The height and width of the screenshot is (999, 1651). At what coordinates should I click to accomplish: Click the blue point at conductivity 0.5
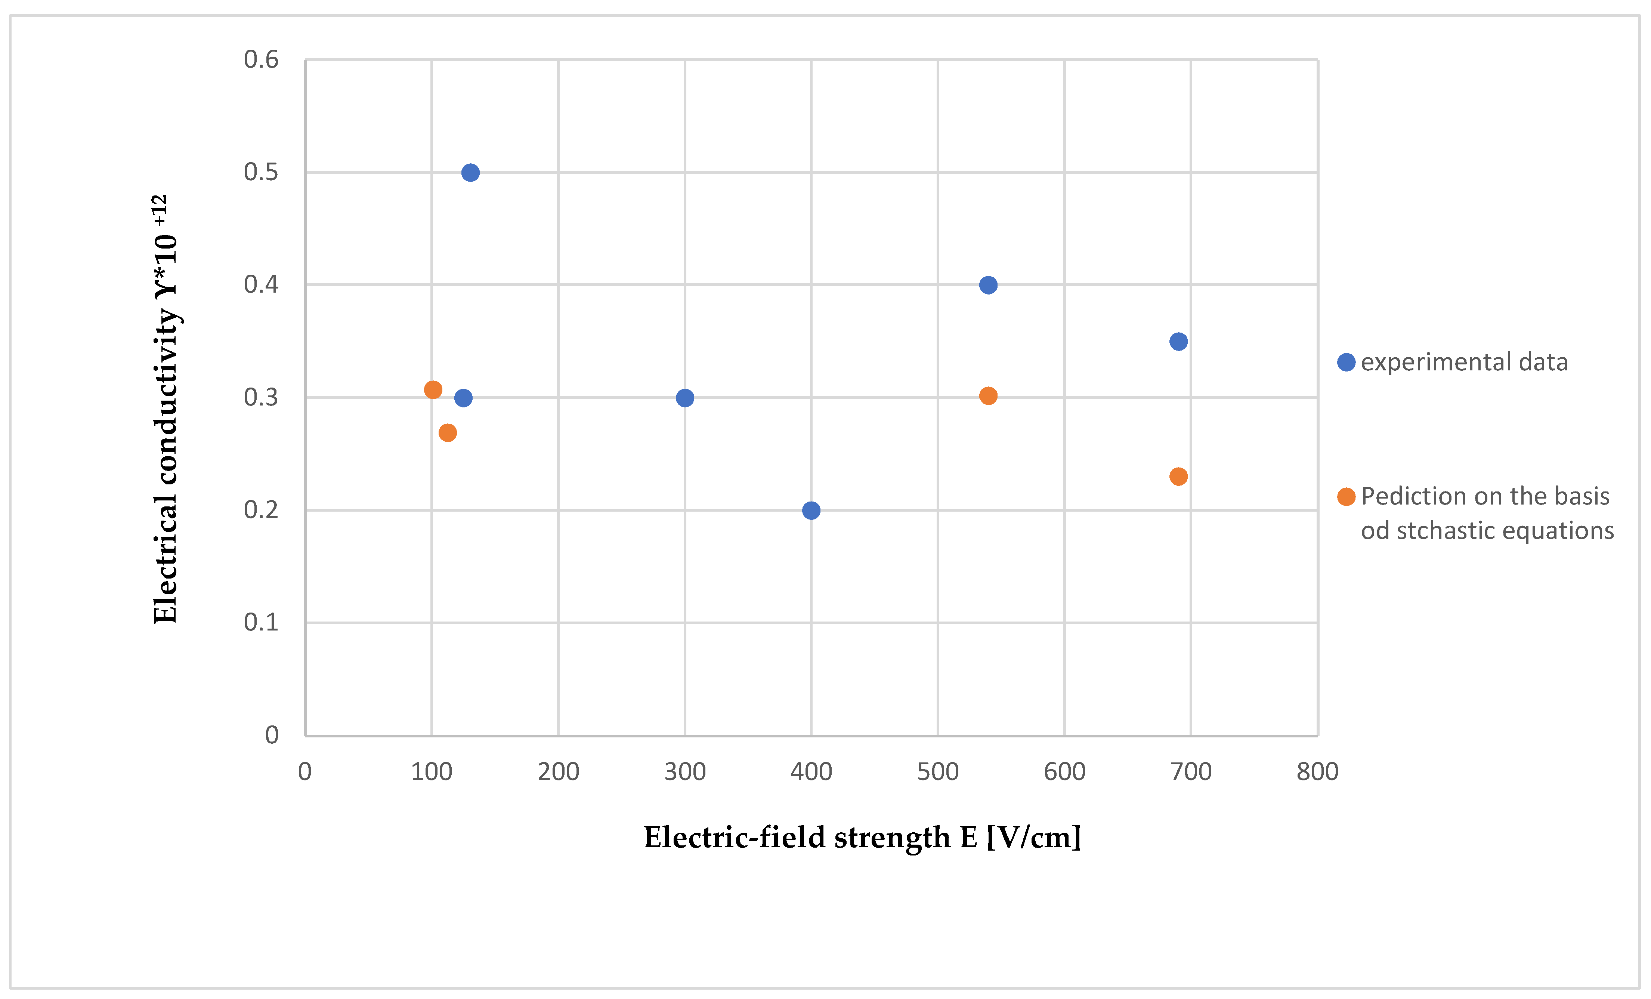point(470,173)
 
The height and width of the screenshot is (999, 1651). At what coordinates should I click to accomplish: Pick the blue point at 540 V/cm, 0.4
point(988,285)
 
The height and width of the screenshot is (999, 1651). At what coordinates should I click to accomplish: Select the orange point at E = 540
point(988,395)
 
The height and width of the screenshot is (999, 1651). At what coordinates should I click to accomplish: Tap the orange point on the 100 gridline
point(433,389)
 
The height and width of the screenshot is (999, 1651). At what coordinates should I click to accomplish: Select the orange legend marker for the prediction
point(1346,497)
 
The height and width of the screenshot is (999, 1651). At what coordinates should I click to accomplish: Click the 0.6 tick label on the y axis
point(261,60)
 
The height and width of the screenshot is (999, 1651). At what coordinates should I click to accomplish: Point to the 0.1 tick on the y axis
point(261,622)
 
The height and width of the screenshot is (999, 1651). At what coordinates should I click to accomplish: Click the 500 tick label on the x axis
point(937,772)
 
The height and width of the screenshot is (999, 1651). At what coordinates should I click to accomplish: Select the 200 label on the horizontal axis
point(558,772)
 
